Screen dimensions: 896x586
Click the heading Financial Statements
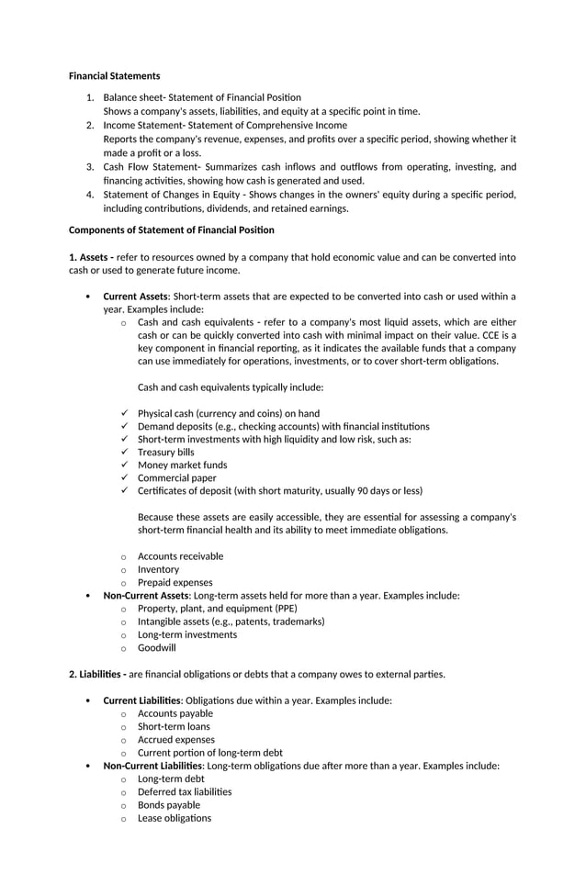click(x=114, y=75)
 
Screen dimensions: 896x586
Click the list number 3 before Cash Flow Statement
click(x=90, y=166)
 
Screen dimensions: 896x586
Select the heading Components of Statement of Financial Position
click(x=171, y=230)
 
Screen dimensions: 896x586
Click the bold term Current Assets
click(x=135, y=297)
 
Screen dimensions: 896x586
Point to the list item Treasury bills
click(x=165, y=452)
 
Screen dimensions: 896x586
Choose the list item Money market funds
click(x=182, y=465)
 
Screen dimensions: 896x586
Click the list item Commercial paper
click(x=176, y=477)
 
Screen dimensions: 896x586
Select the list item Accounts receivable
click(x=180, y=555)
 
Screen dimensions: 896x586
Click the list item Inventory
click(x=158, y=569)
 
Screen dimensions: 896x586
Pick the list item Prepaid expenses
click(x=175, y=582)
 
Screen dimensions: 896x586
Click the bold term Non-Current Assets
click(x=145, y=595)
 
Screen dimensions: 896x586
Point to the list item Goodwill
click(x=156, y=647)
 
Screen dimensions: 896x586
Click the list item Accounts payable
click(x=175, y=713)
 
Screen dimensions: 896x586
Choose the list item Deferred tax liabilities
click(x=184, y=791)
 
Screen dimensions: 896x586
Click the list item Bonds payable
click(x=168, y=805)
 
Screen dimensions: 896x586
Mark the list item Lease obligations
click(x=174, y=818)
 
